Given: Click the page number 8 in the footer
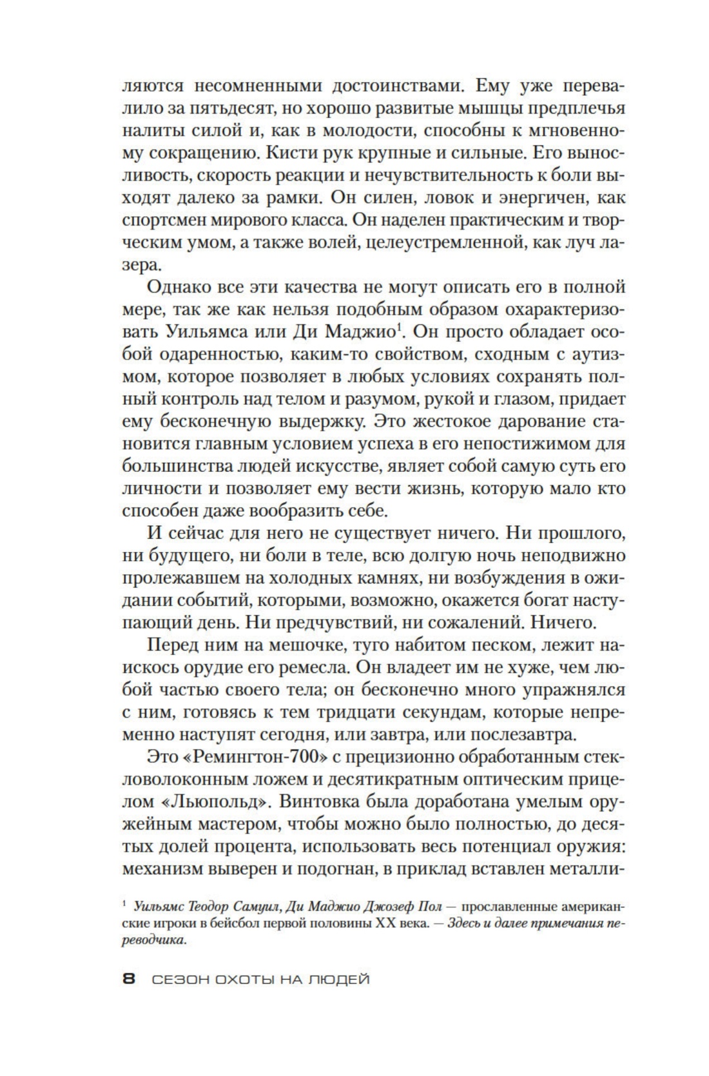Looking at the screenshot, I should pyautogui.click(x=128, y=979).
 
